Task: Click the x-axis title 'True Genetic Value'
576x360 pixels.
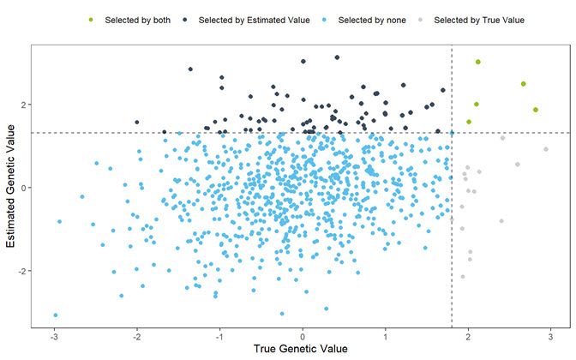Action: point(302,350)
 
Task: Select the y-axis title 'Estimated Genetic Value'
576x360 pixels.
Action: point(12,186)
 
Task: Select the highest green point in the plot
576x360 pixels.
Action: point(478,62)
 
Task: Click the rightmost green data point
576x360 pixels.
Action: point(536,110)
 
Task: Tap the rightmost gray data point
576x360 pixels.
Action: point(545,149)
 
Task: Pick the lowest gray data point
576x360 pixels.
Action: point(463,277)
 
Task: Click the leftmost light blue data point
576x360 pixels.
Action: point(56,315)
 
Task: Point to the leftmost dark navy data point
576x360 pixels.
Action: point(137,123)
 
